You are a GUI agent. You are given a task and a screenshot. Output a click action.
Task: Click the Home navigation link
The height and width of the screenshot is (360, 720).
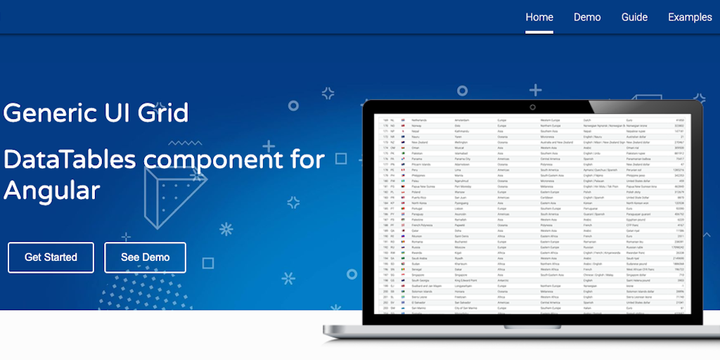539,17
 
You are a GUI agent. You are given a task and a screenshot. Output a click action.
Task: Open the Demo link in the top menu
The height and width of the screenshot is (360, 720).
587,17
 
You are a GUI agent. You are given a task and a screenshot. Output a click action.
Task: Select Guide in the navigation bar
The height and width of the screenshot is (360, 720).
634,17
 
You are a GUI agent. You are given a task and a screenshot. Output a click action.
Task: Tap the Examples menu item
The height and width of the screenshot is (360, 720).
690,17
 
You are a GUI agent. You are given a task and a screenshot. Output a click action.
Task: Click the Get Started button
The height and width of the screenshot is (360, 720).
51,257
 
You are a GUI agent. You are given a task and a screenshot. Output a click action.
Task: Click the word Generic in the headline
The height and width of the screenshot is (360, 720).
49,112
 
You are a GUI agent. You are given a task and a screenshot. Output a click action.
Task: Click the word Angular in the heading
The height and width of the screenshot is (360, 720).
51,190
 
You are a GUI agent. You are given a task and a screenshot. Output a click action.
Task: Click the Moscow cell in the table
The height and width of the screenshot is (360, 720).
461,247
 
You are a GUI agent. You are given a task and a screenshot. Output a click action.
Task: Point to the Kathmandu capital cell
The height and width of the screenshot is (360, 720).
464,131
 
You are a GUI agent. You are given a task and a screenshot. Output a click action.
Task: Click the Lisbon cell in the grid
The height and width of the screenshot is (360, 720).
461,208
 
